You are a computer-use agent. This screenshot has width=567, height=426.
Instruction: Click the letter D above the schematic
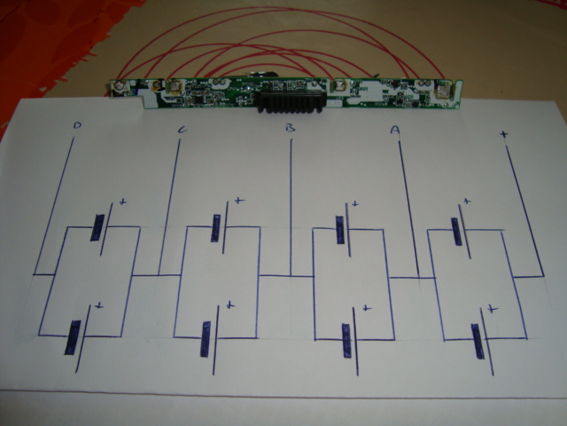[x=77, y=127]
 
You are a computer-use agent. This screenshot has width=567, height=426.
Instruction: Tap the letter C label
[x=182, y=131]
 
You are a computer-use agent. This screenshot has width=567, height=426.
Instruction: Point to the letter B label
[x=290, y=130]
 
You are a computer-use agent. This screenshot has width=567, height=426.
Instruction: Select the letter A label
[x=395, y=130]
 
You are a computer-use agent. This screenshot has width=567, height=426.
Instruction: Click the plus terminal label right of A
[x=503, y=135]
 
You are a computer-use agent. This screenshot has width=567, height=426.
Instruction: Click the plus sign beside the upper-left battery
[x=122, y=203]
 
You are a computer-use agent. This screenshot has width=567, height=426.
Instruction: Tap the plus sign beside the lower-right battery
[x=493, y=308]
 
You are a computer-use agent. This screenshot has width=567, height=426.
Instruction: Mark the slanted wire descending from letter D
[x=55, y=204]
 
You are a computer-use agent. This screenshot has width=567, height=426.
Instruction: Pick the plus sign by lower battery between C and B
[x=229, y=304]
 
